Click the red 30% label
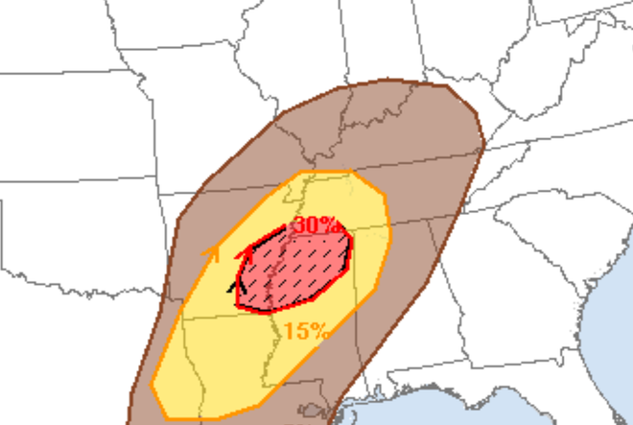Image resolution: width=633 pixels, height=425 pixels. (x=316, y=225)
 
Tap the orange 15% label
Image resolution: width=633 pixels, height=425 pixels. (x=306, y=331)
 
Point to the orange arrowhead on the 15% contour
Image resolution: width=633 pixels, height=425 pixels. (x=213, y=253)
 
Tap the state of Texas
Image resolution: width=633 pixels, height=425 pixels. (x=58, y=336)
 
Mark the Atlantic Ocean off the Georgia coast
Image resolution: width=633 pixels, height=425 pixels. (x=604, y=307)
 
